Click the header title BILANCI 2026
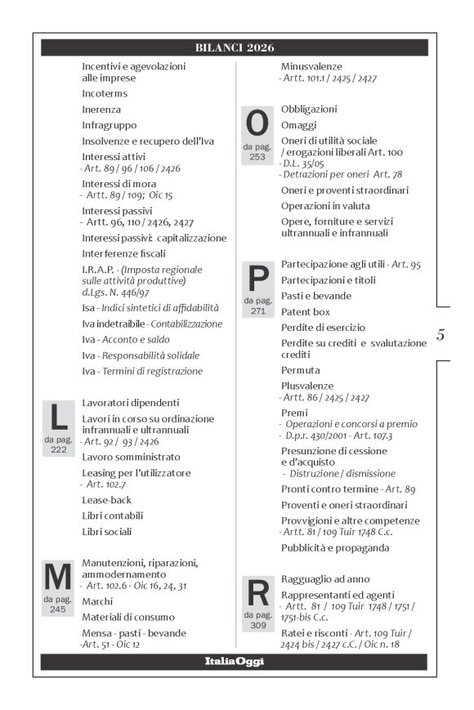[x=234, y=47]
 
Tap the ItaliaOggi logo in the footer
[x=234, y=662]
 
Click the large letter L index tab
[x=58, y=418]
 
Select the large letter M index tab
[x=58, y=578]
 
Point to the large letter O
[x=257, y=124]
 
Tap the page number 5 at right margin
[x=440, y=334]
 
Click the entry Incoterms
[x=105, y=94]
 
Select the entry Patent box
[x=306, y=311]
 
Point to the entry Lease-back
[x=107, y=499]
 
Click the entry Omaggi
[x=298, y=124]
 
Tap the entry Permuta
[x=300, y=370]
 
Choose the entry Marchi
[x=97, y=601]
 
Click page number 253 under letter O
[x=257, y=157]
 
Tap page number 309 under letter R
[x=257, y=623]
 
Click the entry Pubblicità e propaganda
[x=335, y=547]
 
